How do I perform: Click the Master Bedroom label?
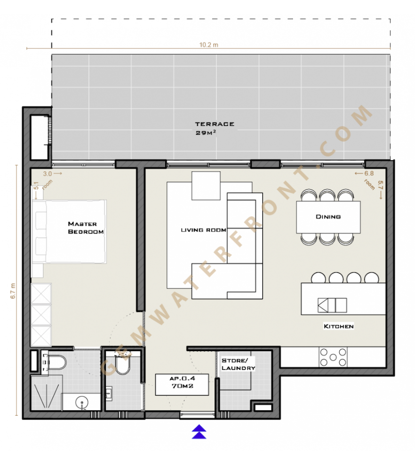pos(86,227)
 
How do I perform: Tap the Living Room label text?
pos(204,230)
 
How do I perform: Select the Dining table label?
pos(328,217)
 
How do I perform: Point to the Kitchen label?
pos(339,326)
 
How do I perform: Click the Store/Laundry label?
pos(238,364)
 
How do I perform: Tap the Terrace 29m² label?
pos(215,128)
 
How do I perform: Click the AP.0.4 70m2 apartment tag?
pos(182,385)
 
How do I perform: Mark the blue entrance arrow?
pos(200,432)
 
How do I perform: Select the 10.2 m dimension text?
pos(209,45)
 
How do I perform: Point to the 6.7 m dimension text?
pos(13,291)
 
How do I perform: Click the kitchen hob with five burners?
pos(333,357)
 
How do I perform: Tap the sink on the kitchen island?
pos(332,305)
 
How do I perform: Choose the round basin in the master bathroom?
pos(82,401)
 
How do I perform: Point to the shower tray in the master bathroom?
pos(47,393)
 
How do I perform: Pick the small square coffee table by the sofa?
pos(206,186)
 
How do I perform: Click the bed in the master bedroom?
pos(69,232)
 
